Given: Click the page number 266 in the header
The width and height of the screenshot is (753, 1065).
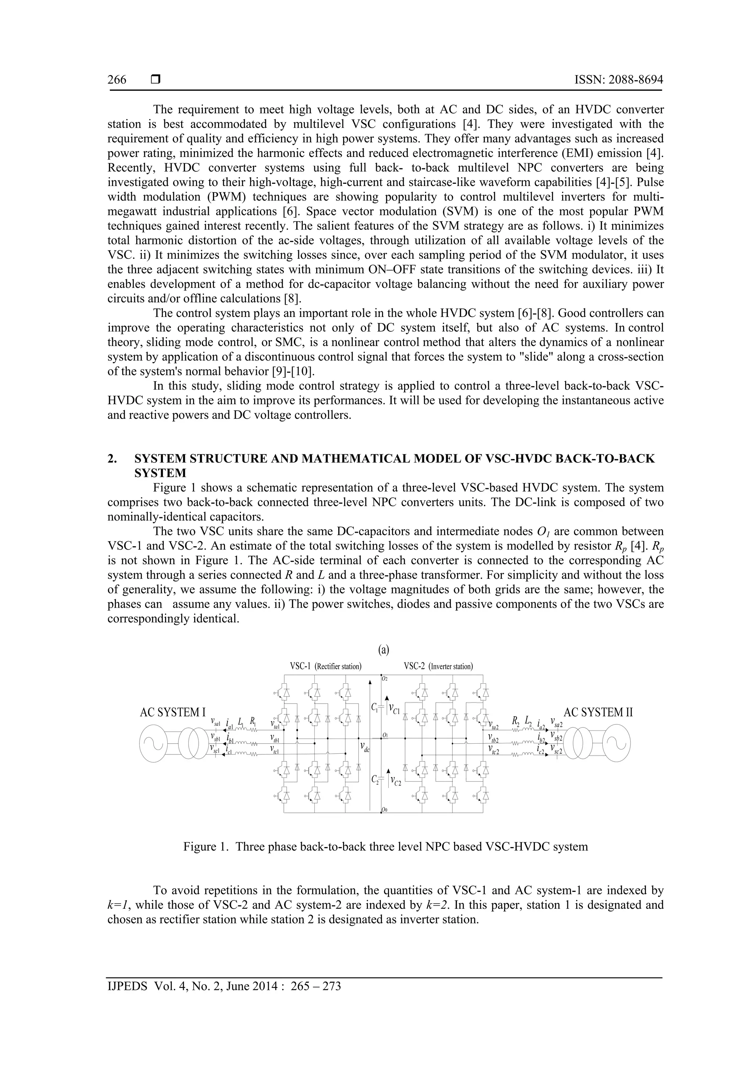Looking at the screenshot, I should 117,80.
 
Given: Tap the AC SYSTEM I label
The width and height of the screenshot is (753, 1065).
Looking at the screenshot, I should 172,712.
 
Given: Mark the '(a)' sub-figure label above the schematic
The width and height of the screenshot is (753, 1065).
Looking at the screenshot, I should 384,650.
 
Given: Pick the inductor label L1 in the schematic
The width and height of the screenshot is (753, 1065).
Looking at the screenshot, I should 241,722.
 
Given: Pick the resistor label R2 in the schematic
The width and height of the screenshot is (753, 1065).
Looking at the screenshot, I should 515,721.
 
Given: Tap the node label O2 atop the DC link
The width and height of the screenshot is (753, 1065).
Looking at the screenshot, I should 385,679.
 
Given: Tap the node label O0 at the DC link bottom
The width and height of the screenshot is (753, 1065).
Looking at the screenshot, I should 385,810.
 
